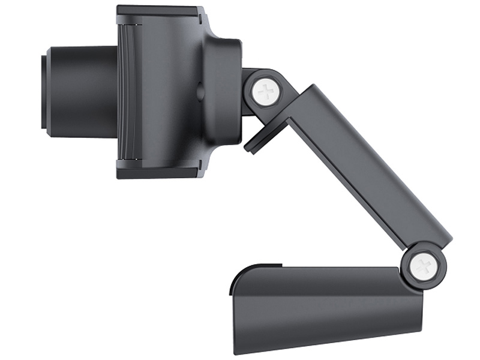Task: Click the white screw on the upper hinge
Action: point(265,92)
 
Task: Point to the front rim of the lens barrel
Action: point(44,91)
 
